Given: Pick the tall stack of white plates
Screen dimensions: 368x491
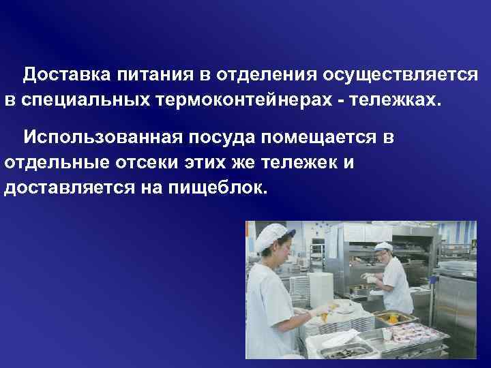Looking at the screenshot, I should coord(299,286).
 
